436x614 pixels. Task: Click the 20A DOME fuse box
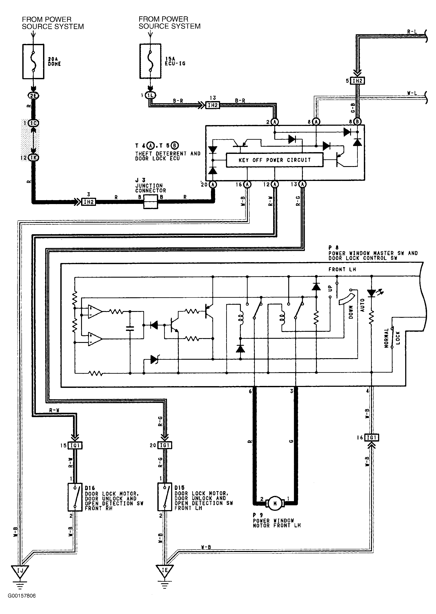33,61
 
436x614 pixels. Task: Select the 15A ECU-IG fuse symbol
150,61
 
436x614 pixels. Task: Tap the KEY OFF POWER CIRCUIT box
274,160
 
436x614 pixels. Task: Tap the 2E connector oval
33,95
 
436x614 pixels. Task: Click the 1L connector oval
151,95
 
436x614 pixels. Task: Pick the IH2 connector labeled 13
212,105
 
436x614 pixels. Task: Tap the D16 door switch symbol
75,497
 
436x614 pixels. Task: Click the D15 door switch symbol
165,497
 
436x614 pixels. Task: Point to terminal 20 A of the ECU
213,184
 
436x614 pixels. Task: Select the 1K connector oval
33,157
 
